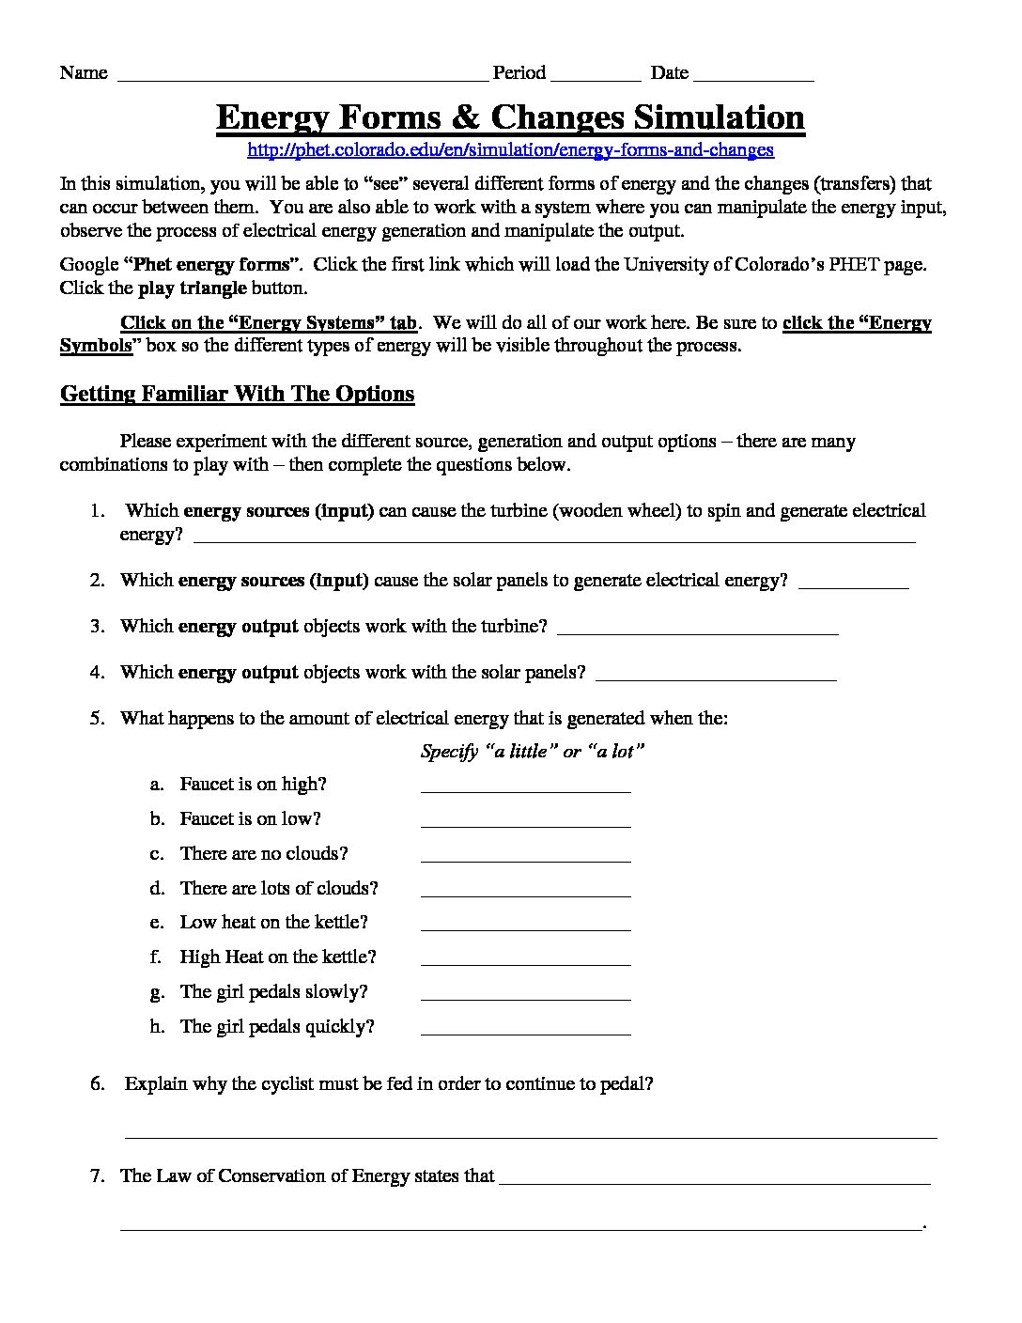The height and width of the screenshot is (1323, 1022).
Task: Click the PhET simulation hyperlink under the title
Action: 510,149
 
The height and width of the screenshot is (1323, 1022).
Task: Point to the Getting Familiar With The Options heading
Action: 237,394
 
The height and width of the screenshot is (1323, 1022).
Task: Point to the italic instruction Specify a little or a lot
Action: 533,752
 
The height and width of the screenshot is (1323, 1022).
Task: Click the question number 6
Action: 98,1083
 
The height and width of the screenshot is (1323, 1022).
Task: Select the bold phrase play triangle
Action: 193,288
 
